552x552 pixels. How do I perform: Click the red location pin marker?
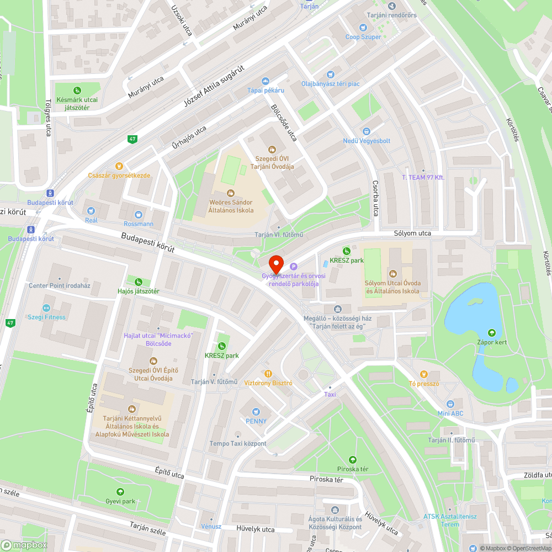pos(275,262)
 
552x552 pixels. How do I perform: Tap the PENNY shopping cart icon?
pos(256,411)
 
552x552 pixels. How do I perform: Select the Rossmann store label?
pos(138,224)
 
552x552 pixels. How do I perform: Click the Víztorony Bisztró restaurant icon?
pos(268,373)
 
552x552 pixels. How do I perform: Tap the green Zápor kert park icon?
pos(491,332)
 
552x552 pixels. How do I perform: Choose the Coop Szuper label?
pos(363,37)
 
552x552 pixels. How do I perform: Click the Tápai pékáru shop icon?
pos(265,81)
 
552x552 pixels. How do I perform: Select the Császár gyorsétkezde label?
pos(119,176)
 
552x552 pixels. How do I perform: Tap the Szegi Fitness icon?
pos(46,308)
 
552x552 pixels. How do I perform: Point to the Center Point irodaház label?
pos(60,285)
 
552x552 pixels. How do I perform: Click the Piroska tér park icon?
pos(353,459)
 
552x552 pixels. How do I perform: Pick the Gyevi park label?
pos(120,501)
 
